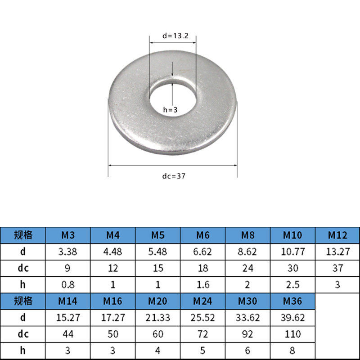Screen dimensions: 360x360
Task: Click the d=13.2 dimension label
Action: pyautogui.click(x=175, y=36)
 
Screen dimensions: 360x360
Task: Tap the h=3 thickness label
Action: pyautogui.click(x=171, y=110)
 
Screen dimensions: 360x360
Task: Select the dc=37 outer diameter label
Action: pyautogui.click(x=174, y=176)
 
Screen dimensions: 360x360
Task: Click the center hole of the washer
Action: pyautogui.click(x=173, y=98)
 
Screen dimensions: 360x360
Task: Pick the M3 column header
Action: pyautogui.click(x=68, y=235)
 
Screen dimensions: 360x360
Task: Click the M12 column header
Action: pyautogui.click(x=337, y=235)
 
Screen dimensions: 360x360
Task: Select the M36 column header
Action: pyautogui.click(x=292, y=301)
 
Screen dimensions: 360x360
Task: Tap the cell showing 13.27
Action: pyautogui.click(x=338, y=252)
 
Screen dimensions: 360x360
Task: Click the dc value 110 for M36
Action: pyautogui.click(x=293, y=334)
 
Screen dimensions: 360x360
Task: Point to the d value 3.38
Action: pyautogui.click(x=67, y=252)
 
